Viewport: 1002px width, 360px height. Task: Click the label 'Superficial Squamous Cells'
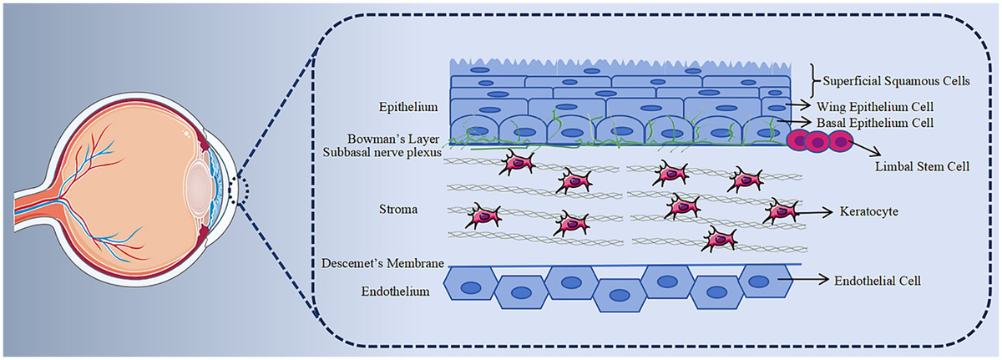click(x=897, y=81)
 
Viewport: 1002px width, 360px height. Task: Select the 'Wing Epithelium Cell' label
click(x=875, y=107)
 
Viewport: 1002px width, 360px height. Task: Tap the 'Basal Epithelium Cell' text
click(x=875, y=123)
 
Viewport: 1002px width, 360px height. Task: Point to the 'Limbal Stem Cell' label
click(x=922, y=167)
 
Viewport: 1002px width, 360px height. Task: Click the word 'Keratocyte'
click(x=868, y=211)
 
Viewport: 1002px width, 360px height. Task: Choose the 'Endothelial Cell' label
click(x=878, y=281)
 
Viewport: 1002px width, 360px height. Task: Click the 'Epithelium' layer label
click(x=408, y=107)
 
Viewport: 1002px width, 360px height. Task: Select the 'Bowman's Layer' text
click(x=393, y=139)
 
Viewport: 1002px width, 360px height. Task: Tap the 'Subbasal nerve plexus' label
click(x=382, y=153)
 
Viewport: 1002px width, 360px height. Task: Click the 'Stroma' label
click(x=398, y=210)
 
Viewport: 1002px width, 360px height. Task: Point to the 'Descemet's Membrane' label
click(x=382, y=263)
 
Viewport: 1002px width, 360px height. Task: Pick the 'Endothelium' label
click(x=395, y=292)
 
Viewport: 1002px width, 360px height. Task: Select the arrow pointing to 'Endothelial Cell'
click(x=803, y=280)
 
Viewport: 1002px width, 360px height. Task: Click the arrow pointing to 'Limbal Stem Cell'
click(x=867, y=149)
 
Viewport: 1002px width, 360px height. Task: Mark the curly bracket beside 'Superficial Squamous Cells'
click(x=816, y=81)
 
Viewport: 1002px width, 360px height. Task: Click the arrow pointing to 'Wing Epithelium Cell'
click(x=798, y=105)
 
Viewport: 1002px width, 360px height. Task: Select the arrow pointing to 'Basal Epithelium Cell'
click(x=794, y=121)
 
